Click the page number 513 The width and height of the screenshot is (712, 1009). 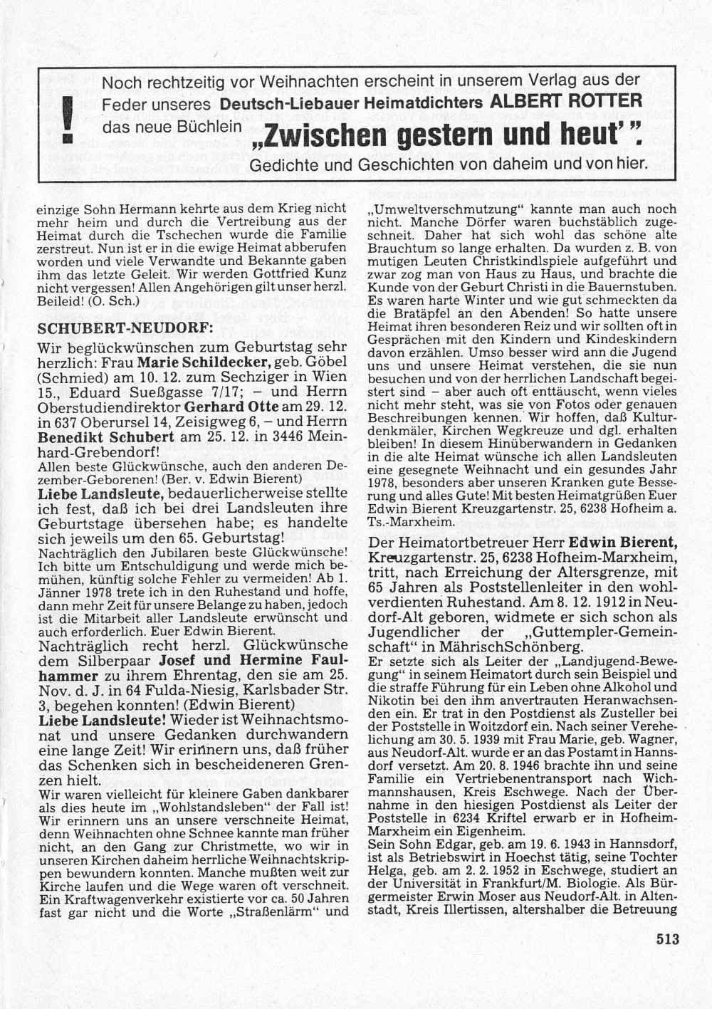point(667,939)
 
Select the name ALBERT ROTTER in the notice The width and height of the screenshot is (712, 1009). point(567,100)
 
